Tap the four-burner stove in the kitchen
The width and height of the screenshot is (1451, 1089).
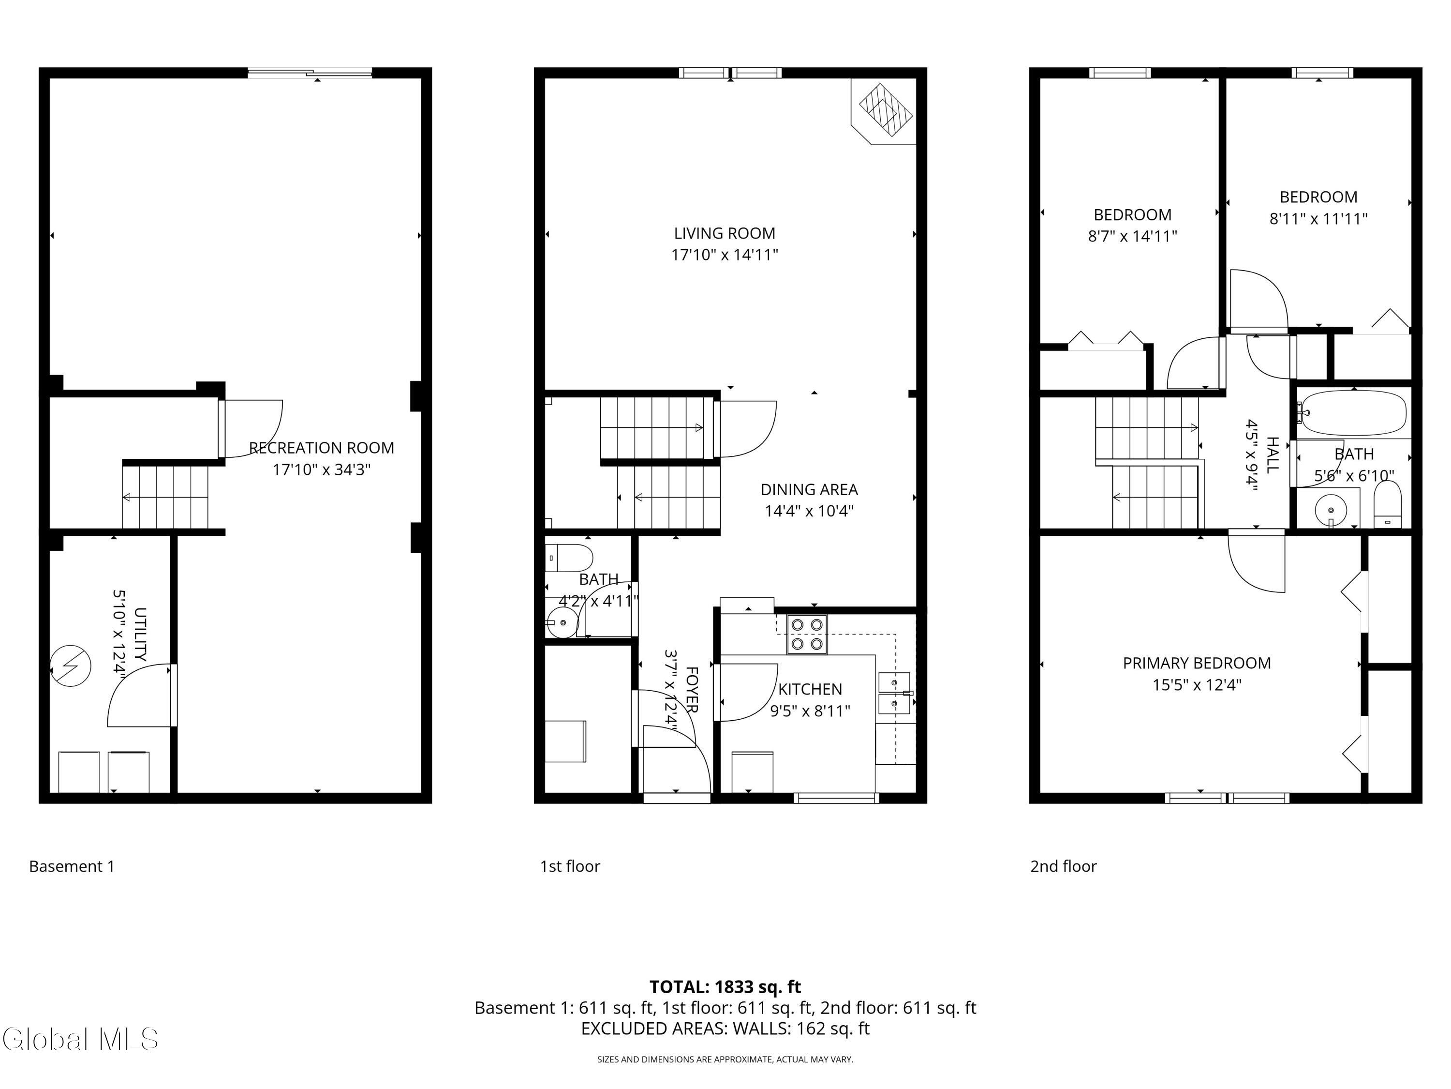(807, 634)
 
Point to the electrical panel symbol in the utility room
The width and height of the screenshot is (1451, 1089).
(71, 667)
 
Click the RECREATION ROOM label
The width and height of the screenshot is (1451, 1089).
(322, 448)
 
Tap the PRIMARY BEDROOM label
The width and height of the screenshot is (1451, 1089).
(1197, 663)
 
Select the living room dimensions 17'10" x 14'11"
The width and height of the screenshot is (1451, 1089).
(724, 255)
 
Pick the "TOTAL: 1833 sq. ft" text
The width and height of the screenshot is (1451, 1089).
(725, 986)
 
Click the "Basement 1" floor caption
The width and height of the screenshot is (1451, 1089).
(72, 866)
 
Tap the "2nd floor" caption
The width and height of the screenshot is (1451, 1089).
(1063, 866)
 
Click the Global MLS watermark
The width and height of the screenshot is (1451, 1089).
(80, 1039)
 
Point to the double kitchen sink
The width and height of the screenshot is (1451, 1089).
(895, 693)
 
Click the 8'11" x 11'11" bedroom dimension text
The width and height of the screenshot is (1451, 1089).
(1318, 219)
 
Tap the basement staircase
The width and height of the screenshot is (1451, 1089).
(165, 497)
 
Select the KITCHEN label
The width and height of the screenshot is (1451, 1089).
(810, 689)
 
